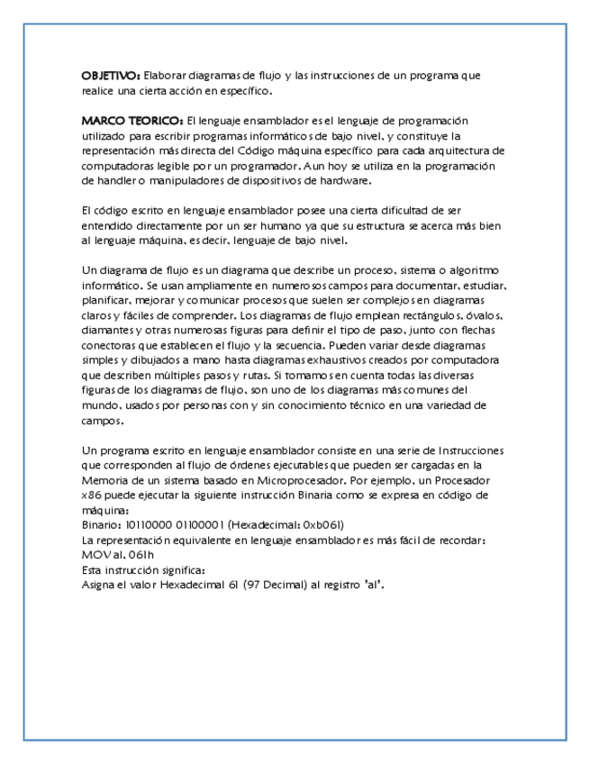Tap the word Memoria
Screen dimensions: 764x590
104,480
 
